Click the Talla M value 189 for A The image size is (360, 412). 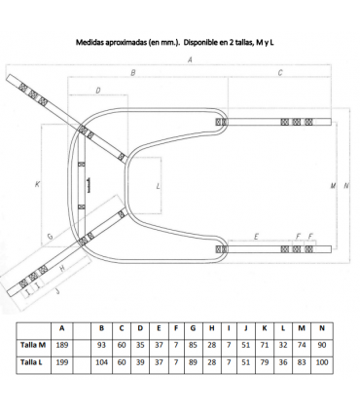[x=61, y=345]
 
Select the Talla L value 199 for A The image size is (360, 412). [x=61, y=362]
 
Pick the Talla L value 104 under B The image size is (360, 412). [x=101, y=362]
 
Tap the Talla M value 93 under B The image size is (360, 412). [x=101, y=345]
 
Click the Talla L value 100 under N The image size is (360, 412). [x=322, y=362]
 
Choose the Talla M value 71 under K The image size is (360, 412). [x=265, y=345]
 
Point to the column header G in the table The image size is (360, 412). [x=193, y=328]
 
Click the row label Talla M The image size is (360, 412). [x=33, y=345]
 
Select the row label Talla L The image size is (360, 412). [x=31, y=362]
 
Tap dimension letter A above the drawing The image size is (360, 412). [x=190, y=59]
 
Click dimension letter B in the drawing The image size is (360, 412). [x=133, y=73]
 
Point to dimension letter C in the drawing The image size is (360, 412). [x=280, y=73]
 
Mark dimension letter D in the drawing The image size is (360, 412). [x=98, y=91]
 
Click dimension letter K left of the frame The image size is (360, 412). [x=37, y=184]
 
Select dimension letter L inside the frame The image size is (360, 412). [x=158, y=186]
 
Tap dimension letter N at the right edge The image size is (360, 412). [x=346, y=186]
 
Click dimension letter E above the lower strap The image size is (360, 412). [x=256, y=237]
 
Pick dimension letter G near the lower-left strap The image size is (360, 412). [x=51, y=237]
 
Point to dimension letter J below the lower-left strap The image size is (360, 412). [x=57, y=291]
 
